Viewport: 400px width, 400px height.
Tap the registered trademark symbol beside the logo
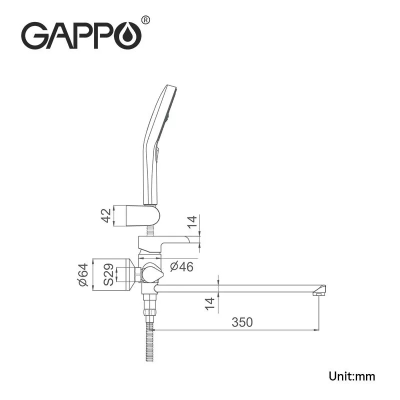pos(145,20)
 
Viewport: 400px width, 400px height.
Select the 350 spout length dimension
pos(242,322)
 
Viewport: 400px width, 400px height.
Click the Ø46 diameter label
pos(181,266)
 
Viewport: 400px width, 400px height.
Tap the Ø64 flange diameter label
pos(83,274)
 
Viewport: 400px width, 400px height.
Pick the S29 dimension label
pos(108,274)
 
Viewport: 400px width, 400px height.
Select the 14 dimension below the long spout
pos(210,303)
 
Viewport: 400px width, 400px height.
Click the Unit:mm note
pos(351,376)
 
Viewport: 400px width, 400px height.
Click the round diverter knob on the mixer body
pos(151,274)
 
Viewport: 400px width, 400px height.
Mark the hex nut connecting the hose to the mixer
pos(149,302)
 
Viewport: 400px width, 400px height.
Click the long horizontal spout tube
pos(235,288)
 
